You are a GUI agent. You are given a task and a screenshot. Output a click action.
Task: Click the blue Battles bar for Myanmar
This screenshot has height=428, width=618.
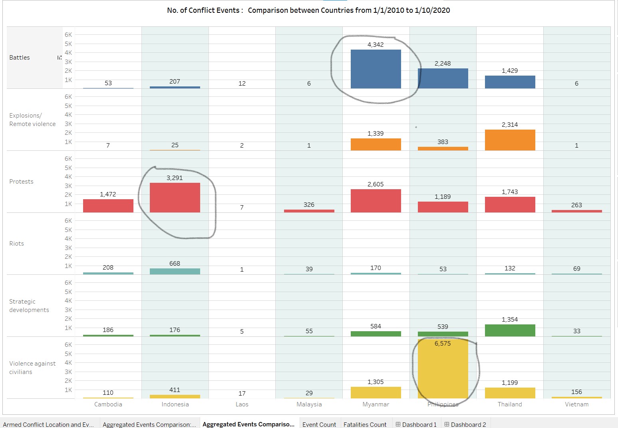point(376,69)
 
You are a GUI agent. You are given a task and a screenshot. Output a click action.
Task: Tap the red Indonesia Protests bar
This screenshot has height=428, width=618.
point(175,198)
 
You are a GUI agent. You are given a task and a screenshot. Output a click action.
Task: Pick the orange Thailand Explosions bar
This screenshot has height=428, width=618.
point(510,140)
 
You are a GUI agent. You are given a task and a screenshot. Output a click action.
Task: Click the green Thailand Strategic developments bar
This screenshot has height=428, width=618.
point(510,330)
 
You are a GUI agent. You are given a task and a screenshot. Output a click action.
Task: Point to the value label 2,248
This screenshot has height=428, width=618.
point(443,63)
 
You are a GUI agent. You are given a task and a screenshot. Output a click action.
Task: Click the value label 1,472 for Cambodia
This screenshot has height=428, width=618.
point(108,194)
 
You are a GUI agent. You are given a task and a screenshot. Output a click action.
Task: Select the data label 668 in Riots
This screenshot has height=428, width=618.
point(175,263)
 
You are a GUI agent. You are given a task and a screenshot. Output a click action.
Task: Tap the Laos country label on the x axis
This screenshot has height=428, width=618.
point(242,404)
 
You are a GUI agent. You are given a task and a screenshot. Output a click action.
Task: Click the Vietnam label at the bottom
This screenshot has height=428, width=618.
point(576,404)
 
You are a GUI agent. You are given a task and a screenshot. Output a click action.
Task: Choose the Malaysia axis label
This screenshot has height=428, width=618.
point(309,404)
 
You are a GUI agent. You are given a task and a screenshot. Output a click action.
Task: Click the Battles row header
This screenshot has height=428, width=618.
point(20,58)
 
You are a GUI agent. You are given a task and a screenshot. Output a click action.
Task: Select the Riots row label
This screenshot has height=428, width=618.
point(17,244)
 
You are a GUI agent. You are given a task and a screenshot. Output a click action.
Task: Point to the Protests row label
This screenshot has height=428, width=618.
point(22,182)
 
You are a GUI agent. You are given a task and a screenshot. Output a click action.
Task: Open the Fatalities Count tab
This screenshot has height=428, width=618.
point(365,424)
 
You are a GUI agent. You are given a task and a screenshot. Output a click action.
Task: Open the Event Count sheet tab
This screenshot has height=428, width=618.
point(319,424)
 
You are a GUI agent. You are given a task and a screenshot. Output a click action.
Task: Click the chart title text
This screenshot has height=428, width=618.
point(308,10)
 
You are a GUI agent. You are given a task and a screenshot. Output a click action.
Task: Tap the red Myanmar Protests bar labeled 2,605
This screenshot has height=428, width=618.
point(376,201)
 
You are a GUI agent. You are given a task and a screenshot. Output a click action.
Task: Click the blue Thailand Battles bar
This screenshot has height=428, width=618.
point(510,82)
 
